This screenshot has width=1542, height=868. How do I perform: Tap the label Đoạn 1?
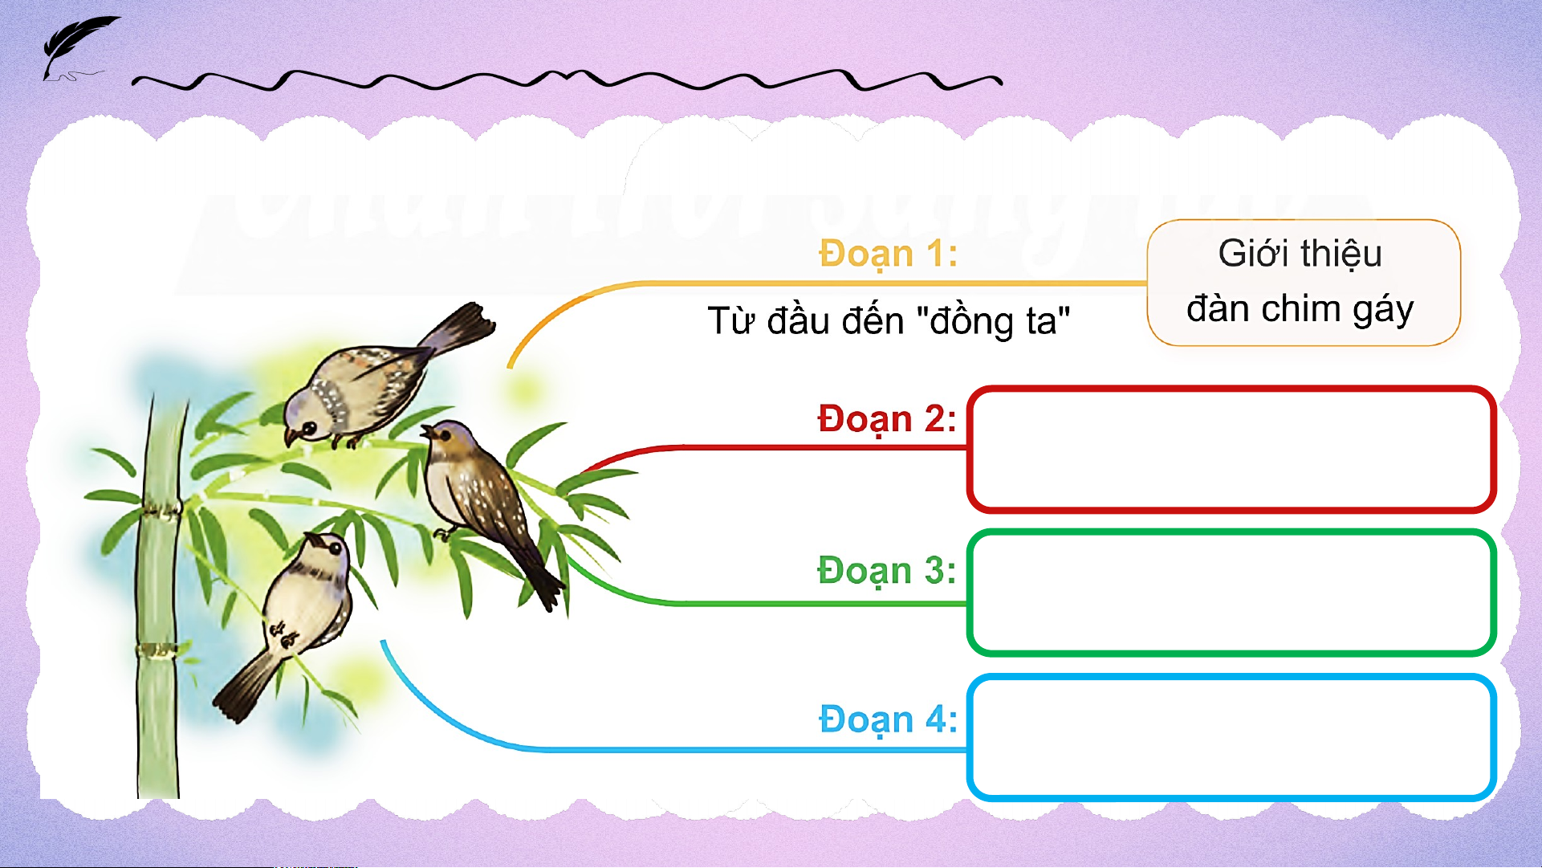coord(888,255)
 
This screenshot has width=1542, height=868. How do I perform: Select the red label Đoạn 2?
coord(887,420)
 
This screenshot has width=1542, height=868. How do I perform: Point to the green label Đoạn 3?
coord(887,571)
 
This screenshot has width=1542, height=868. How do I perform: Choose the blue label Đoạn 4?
coord(888,719)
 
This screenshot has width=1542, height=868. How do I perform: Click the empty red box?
coord(1231,450)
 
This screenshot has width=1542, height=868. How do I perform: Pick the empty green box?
coord(1231,593)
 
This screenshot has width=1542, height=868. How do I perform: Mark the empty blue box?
coord(1231,738)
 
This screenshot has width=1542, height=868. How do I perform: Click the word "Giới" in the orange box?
coord(1254,254)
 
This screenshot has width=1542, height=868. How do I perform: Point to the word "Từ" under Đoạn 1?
coord(731,321)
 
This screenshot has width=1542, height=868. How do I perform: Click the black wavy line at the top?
coord(567,79)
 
